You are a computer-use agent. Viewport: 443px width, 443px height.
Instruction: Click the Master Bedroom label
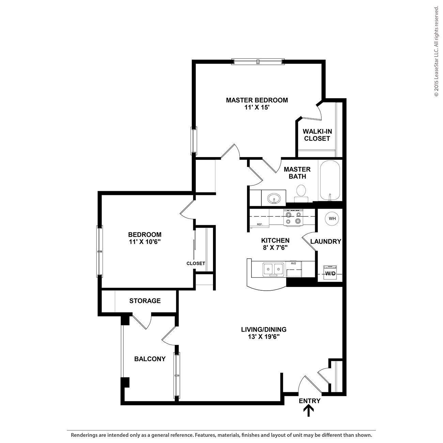pyautogui.click(x=257, y=100)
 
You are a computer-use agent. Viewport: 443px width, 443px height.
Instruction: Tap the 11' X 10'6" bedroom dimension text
pyautogui.click(x=145, y=242)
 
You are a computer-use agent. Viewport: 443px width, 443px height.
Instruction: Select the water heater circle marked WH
pyautogui.click(x=332, y=218)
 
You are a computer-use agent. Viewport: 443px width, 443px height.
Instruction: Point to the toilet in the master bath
pyautogui.click(x=301, y=191)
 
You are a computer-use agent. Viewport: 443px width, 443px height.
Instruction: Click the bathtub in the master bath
pyautogui.click(x=330, y=181)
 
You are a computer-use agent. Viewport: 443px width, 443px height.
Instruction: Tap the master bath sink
pyautogui.click(x=274, y=198)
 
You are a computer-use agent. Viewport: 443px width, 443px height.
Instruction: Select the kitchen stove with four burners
pyautogui.click(x=293, y=218)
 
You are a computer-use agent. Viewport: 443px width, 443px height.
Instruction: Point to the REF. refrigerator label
pyautogui.click(x=260, y=224)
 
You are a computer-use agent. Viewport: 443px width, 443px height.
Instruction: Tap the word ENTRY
pyautogui.click(x=309, y=401)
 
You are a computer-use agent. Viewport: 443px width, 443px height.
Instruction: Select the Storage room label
pyautogui.click(x=145, y=301)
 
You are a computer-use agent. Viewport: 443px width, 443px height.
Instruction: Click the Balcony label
pyautogui.click(x=150, y=359)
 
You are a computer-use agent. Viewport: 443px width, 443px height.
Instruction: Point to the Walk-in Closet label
pyautogui.click(x=317, y=135)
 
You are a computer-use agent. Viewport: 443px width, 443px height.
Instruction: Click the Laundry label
pyautogui.click(x=325, y=241)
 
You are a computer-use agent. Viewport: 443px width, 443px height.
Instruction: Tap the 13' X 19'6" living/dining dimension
pyautogui.click(x=264, y=337)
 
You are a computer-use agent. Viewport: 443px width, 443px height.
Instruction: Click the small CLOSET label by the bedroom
pyautogui.click(x=196, y=263)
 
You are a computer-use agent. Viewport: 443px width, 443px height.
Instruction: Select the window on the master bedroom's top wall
pyautogui.click(x=258, y=62)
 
